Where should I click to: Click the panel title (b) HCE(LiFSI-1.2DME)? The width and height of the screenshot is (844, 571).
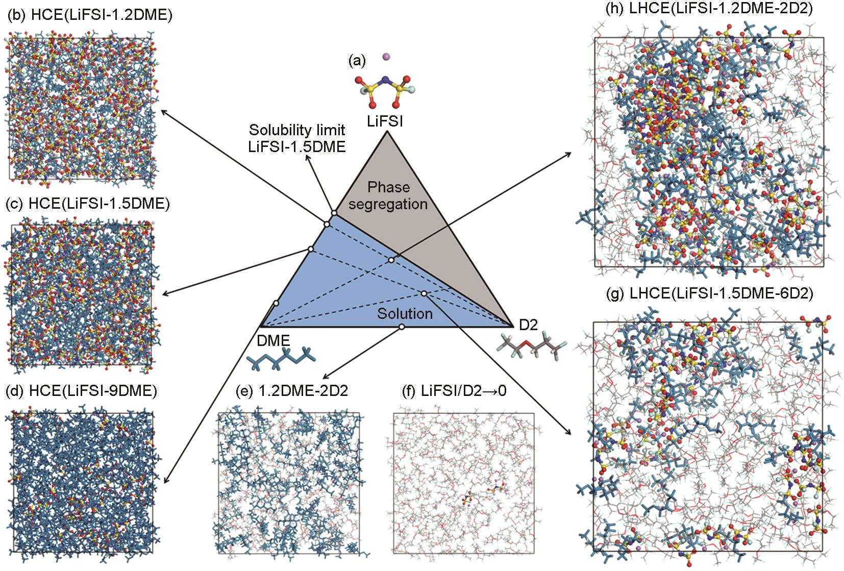[90, 15]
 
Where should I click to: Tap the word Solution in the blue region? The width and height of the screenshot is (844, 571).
[405, 313]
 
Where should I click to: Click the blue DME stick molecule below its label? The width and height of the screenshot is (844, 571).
[280, 360]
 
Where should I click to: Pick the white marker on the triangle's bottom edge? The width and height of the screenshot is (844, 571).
[402, 327]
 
